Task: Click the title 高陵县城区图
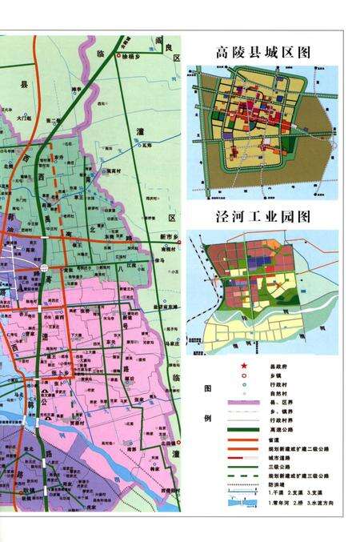click(x=262, y=53)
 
